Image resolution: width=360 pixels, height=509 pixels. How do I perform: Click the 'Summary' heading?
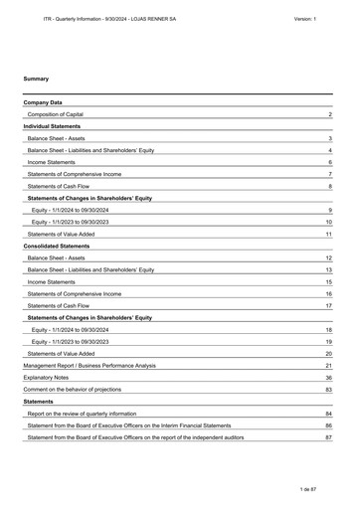(36, 78)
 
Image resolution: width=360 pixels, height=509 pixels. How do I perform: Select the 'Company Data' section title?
(44, 102)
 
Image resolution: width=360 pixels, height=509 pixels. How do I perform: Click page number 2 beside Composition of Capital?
(329, 116)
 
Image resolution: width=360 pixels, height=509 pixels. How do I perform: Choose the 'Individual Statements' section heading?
(56, 127)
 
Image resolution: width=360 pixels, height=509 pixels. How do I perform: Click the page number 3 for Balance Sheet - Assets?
(329, 139)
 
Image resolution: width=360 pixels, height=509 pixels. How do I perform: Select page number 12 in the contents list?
(328, 258)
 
